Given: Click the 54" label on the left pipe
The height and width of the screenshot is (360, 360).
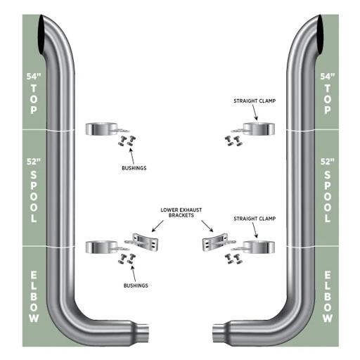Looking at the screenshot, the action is (x=34, y=77).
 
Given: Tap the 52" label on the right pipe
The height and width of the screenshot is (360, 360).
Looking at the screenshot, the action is (x=328, y=162).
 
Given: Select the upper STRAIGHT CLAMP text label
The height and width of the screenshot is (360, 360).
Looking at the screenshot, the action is (x=255, y=101).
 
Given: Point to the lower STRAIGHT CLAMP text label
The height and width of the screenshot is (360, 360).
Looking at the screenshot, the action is (x=255, y=219).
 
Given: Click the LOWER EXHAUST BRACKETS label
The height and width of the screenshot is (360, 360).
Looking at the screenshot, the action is (x=181, y=212).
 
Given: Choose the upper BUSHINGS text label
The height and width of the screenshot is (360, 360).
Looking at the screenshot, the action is (x=134, y=168).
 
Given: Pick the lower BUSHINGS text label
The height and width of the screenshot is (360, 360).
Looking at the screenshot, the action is (x=136, y=285).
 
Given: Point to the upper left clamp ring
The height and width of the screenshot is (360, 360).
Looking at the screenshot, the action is (x=101, y=129).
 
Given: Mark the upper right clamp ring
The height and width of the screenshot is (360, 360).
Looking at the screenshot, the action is (x=259, y=129).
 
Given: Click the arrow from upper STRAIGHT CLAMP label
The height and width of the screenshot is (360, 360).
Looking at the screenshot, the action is (x=255, y=112).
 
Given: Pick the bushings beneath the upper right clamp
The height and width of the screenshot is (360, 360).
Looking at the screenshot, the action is (x=233, y=141).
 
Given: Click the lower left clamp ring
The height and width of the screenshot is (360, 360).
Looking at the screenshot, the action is (x=101, y=247).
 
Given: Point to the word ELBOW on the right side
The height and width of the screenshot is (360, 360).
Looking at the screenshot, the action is (x=328, y=297).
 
